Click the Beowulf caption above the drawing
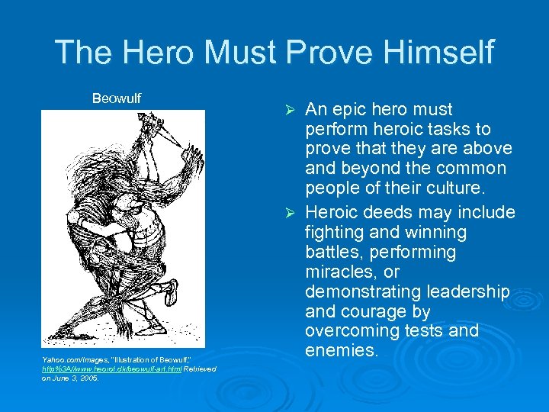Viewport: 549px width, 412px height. tap(117, 98)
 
